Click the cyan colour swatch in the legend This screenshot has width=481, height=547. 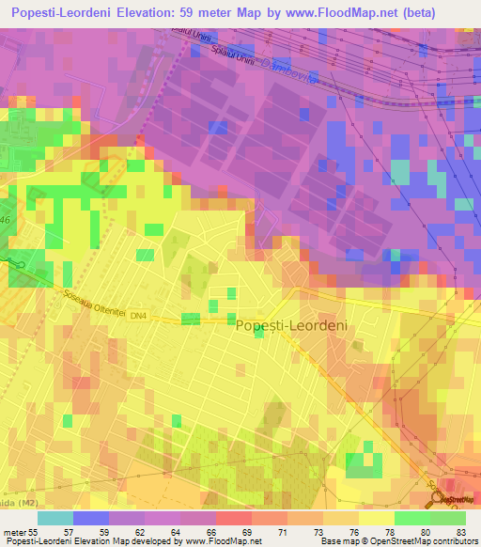54,518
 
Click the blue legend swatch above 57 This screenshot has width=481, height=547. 90,518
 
